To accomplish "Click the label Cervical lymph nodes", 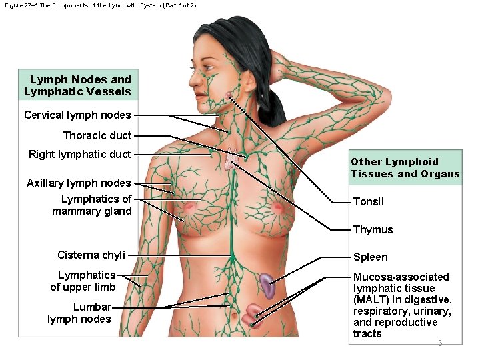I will [77, 115].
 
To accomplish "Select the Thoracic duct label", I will [97, 135].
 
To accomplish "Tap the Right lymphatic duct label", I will [79, 155].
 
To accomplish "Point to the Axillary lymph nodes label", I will [79, 183].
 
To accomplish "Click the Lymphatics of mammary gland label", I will [92, 205].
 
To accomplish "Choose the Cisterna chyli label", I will [91, 255].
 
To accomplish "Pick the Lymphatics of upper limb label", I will [83, 281].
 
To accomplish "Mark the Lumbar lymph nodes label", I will [79, 313].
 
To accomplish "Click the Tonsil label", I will [368, 201].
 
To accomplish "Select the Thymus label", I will [373, 229].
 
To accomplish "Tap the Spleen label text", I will [370, 257].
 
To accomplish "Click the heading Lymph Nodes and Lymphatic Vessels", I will [78, 86].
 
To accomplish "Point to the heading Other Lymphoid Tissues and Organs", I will [405, 168].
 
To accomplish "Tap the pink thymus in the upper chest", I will [231, 159].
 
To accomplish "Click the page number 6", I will [440, 343].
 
